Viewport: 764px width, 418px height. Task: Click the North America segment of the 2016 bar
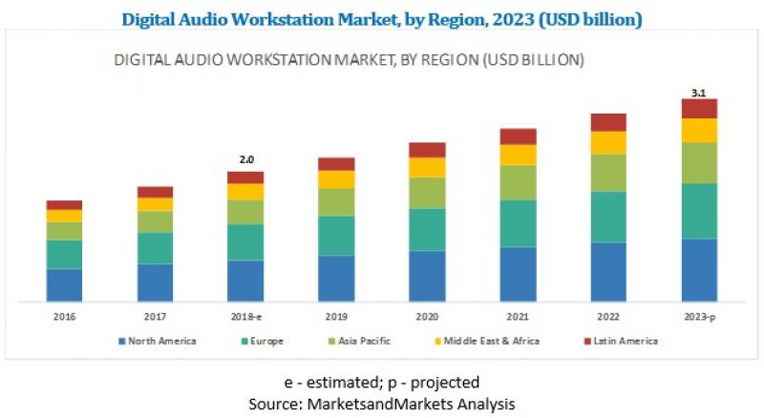tap(64, 284)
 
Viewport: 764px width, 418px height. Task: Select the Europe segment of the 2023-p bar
tap(699, 211)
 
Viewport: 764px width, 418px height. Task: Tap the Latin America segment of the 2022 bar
tap(608, 122)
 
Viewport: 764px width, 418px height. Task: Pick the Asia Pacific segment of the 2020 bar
tap(427, 193)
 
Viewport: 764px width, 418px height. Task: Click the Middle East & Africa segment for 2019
tap(336, 179)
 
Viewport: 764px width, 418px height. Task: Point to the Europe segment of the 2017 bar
tap(155, 248)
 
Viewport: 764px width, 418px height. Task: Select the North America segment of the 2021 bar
tap(518, 274)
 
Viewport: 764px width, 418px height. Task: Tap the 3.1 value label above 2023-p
tap(699, 92)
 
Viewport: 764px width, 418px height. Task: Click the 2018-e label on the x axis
tap(245, 316)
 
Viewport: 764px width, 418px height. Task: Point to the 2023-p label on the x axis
tap(699, 316)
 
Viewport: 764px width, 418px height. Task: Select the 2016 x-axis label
tap(64, 316)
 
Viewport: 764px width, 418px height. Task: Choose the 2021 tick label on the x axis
tap(518, 316)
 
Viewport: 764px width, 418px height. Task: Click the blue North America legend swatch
tap(121, 341)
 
